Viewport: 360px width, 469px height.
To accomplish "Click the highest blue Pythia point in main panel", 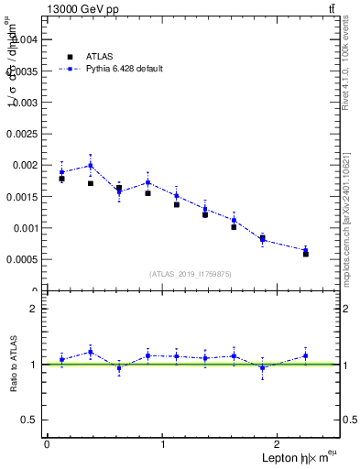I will (x=90, y=165).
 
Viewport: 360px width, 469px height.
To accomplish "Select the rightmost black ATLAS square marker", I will (x=306, y=253).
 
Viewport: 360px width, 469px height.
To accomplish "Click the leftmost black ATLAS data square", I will (x=61, y=179).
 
